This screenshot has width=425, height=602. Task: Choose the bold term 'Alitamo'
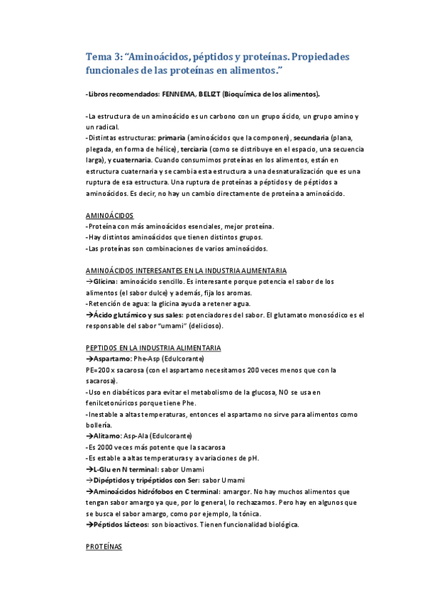pyautogui.click(x=106, y=436)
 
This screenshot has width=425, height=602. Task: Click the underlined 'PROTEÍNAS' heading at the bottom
pyautogui.click(x=104, y=547)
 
